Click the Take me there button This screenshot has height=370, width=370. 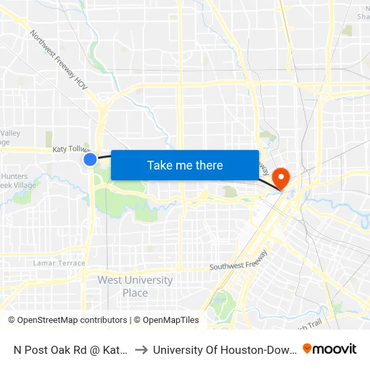[185, 165]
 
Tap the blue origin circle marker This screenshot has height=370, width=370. [90, 159]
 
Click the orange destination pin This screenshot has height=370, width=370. [280, 178]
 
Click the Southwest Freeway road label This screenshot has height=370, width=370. [239, 264]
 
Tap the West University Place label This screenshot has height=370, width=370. [135, 286]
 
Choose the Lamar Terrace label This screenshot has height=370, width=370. [59, 263]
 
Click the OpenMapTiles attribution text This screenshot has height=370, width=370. [170, 320]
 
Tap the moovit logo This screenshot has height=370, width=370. [330, 348]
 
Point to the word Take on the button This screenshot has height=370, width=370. [159, 165]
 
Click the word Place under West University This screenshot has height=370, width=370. [135, 293]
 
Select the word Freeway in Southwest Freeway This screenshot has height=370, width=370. [253, 258]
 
